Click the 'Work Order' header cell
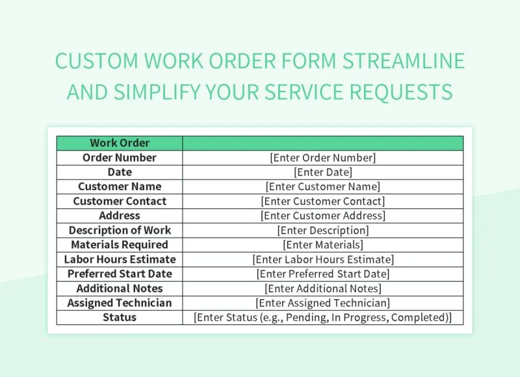[x=120, y=143]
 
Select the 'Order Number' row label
[x=120, y=158]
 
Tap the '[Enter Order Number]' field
[x=322, y=158]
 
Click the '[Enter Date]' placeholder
[x=322, y=172]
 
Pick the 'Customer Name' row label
[x=120, y=187]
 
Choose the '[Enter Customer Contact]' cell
[x=322, y=201]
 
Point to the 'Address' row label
[x=120, y=215]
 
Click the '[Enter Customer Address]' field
[x=322, y=215]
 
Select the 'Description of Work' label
[x=120, y=230]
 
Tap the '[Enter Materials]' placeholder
[x=322, y=245]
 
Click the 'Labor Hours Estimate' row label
[x=120, y=260]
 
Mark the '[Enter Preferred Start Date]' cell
[x=322, y=274]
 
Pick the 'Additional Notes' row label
[x=120, y=288]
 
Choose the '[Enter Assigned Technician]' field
[x=322, y=303]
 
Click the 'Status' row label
[x=120, y=317]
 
